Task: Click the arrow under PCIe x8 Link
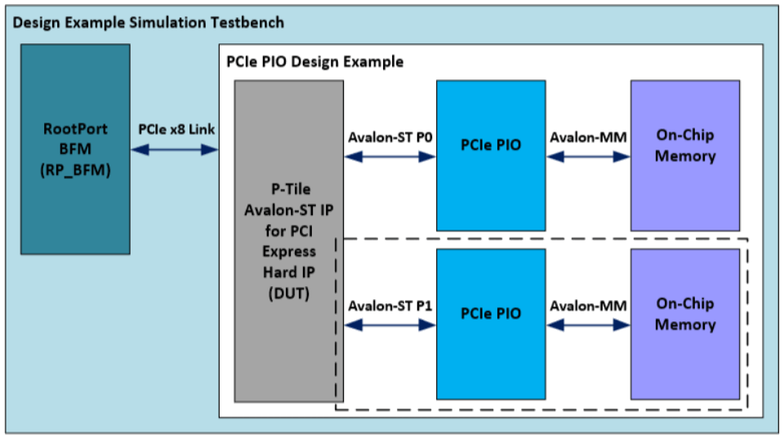(174, 150)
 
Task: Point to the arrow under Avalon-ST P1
(390, 325)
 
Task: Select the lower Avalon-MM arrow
(588, 325)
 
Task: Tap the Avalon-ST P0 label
(390, 137)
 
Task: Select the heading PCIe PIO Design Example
(314, 62)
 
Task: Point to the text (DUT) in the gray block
(288, 293)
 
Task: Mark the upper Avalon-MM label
(588, 137)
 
